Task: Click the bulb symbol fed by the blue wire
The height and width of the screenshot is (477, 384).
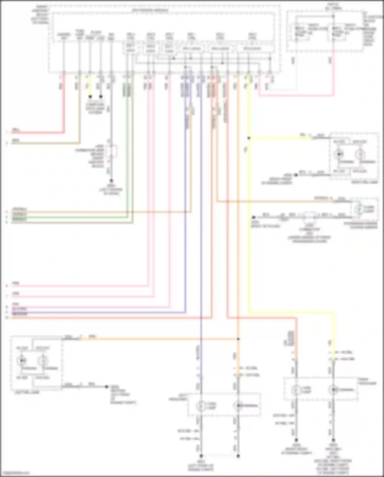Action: [x=201, y=406]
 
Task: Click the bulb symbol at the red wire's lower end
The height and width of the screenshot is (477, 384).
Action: [x=296, y=390]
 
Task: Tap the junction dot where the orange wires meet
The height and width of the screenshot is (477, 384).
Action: [x=238, y=339]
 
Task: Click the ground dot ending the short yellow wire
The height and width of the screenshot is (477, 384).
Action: [x=90, y=97]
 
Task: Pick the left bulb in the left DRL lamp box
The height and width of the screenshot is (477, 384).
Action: [x=21, y=361]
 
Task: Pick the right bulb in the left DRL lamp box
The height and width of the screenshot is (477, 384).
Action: [x=42, y=361]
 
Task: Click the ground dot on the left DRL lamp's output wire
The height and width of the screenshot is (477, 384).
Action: [x=106, y=387]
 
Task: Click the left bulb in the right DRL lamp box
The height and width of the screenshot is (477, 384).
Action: [x=339, y=154]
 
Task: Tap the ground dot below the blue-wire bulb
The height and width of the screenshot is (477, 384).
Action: [x=201, y=456]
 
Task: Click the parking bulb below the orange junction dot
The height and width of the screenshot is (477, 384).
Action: [x=238, y=406]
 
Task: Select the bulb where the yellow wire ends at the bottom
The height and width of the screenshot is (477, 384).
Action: [x=333, y=390]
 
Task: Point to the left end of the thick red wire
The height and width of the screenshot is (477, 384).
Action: [x=12, y=133]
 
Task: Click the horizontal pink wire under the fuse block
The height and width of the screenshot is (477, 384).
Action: [x=294, y=96]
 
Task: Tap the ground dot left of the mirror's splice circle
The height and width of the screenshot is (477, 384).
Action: [x=253, y=217]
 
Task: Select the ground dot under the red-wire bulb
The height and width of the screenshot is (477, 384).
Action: [x=296, y=440]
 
